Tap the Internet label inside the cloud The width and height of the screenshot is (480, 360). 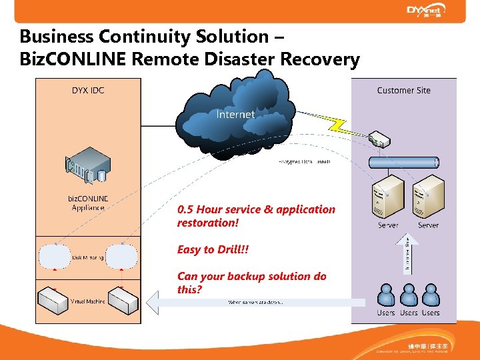click(x=235, y=115)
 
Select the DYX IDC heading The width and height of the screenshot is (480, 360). click(x=88, y=90)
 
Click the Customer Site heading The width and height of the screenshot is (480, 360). click(x=403, y=90)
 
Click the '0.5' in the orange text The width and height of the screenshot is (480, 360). click(x=185, y=209)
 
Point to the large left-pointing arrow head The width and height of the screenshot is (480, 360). click(x=155, y=302)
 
